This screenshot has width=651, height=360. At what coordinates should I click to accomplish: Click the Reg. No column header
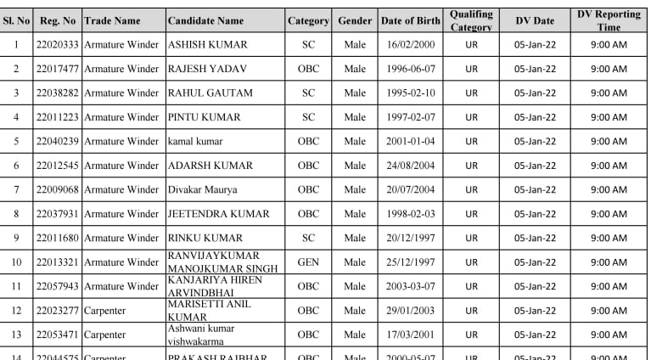(57, 20)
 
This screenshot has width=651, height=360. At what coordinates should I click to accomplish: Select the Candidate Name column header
(205, 20)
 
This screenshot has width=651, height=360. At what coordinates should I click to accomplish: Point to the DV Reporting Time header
(609, 20)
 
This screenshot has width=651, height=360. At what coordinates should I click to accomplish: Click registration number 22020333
(57, 44)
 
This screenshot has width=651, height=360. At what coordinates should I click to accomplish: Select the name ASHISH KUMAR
(208, 44)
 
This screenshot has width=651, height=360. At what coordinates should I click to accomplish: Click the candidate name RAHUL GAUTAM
(209, 93)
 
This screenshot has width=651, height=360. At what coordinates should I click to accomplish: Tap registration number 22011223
(57, 117)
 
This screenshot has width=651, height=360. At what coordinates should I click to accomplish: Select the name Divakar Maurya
(202, 189)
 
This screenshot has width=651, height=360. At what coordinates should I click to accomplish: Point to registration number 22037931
(57, 214)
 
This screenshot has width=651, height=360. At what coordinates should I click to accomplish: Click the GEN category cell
(308, 262)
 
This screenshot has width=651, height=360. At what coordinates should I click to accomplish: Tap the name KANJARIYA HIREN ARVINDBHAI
(205, 286)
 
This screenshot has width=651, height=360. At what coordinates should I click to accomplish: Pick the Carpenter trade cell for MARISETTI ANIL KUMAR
(104, 311)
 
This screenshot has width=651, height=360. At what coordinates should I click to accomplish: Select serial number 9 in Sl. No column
(16, 238)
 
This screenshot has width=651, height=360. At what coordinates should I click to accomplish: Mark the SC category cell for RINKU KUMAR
(308, 238)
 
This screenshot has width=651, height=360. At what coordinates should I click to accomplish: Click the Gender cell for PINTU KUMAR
(355, 117)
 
